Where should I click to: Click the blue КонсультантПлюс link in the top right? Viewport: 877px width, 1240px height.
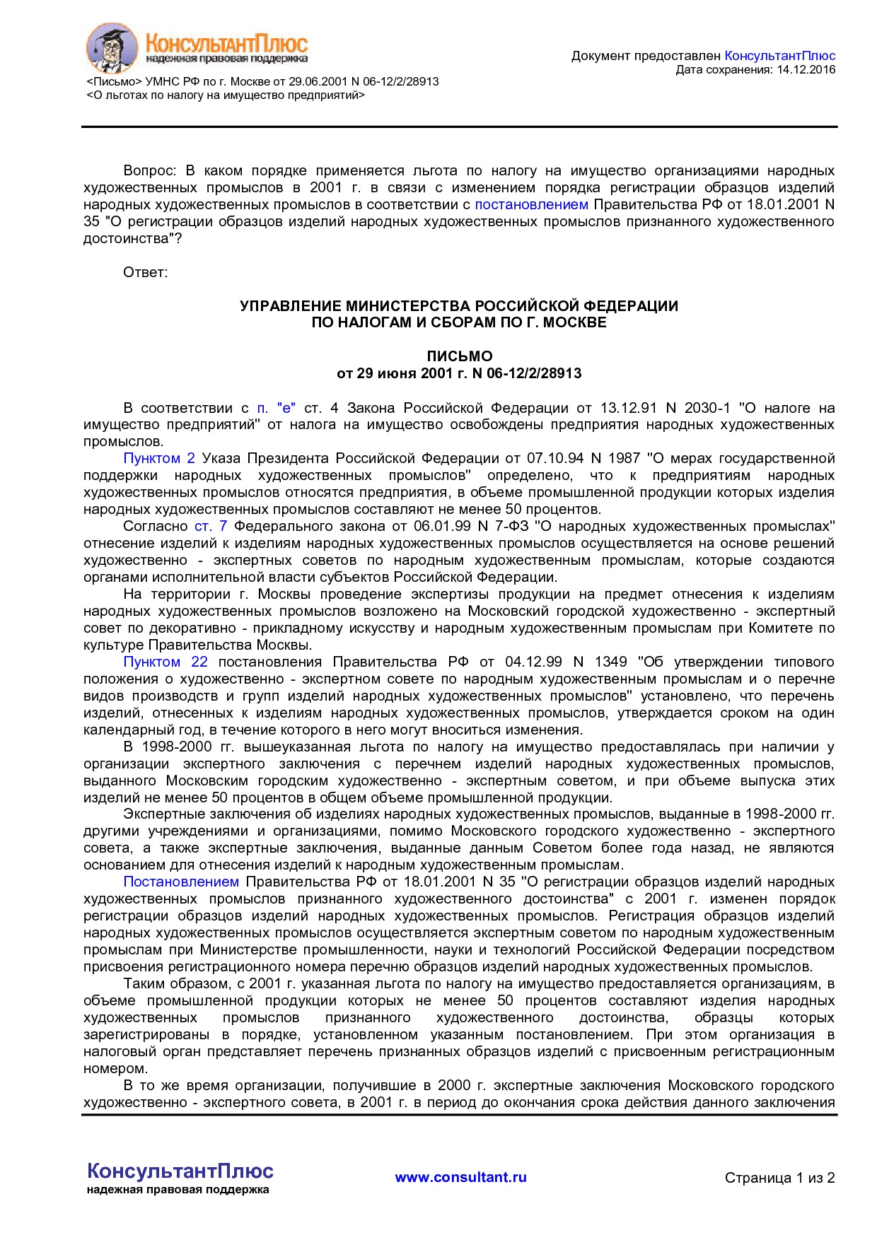coord(779,56)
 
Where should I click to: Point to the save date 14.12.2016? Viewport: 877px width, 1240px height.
coord(806,69)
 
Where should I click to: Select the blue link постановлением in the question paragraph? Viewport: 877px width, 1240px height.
coord(531,205)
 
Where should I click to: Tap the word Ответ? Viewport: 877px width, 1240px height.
coord(146,273)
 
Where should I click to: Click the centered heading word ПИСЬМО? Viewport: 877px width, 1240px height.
coord(459,356)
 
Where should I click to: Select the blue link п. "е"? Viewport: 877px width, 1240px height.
coord(276,408)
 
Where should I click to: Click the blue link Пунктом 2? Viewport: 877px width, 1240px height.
coord(159,459)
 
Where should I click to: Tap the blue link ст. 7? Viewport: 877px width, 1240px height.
coord(211,527)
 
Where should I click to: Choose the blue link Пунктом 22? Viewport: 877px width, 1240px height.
coord(165,662)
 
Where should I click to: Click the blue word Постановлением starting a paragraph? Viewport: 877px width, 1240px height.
coord(181,882)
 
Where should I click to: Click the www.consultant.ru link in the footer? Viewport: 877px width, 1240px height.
coord(460,1177)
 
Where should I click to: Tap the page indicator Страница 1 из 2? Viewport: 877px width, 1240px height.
coord(779,1178)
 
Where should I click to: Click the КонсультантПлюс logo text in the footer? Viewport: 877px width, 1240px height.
coord(180,1171)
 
